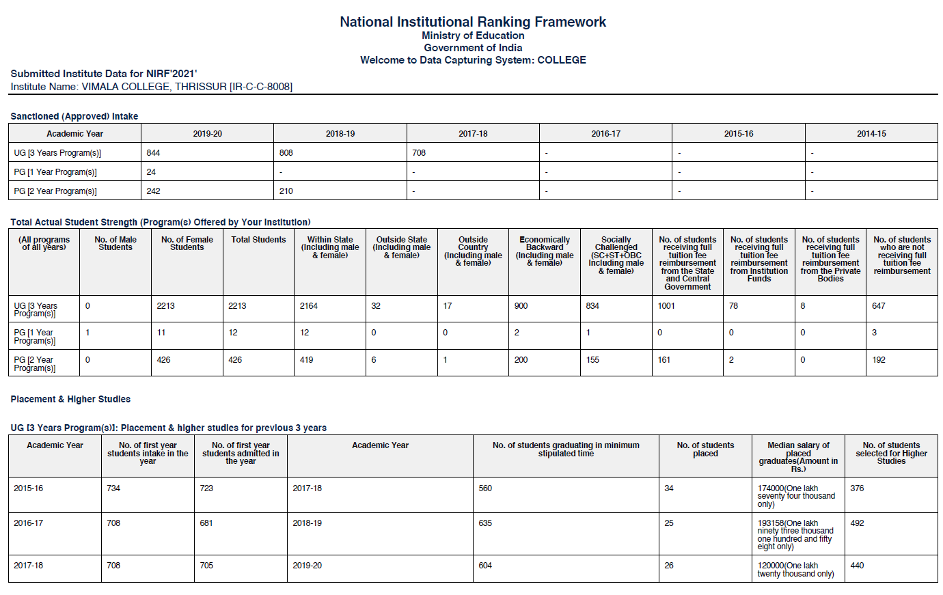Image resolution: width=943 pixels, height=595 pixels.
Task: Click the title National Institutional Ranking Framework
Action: point(472,22)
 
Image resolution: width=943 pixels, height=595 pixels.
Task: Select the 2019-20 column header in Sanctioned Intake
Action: point(207,134)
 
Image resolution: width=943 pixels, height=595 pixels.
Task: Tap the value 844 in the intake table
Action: point(153,153)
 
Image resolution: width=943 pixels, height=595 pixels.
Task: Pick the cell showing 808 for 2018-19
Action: point(286,153)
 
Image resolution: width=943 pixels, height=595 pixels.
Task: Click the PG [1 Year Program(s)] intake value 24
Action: point(151,172)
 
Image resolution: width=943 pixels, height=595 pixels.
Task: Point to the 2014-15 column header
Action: point(871,134)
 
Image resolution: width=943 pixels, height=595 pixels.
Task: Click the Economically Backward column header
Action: point(545,251)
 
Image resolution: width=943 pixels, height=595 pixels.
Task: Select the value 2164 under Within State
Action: point(308,306)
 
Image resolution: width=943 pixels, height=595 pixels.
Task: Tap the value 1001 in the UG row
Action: point(666,306)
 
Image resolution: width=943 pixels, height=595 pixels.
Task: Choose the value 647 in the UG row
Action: point(879,306)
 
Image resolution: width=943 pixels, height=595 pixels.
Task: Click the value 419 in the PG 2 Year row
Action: point(306,360)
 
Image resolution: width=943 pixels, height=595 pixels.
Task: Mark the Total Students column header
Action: point(258,240)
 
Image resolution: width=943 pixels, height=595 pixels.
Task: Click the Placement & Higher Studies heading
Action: point(70,399)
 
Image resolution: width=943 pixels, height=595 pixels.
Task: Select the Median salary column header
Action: point(798,457)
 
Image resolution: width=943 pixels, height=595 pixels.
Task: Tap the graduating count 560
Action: point(485,488)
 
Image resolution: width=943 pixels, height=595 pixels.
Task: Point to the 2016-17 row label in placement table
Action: point(28,523)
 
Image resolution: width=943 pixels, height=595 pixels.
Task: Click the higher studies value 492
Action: point(857,523)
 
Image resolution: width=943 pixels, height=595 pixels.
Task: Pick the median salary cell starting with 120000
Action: point(795,570)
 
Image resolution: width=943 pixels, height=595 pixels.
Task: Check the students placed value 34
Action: point(668,488)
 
